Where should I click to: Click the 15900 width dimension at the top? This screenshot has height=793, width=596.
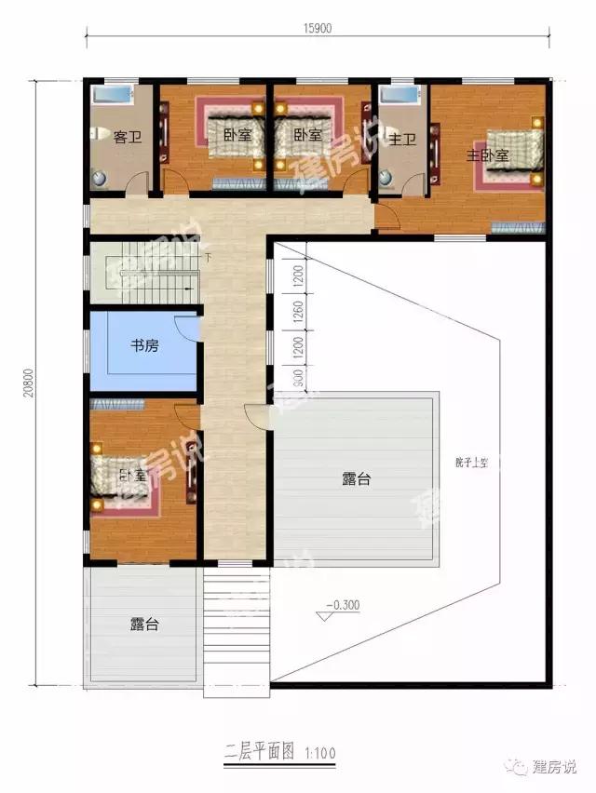coord(317,27)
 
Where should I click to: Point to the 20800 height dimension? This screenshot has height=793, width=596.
coord(31,381)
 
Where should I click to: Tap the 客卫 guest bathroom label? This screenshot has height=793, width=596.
coord(127,139)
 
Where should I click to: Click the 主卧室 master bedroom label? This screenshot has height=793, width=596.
coord(487,155)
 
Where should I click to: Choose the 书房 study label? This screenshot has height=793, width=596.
coord(143,347)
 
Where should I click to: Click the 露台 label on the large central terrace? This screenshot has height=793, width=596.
coord(357,479)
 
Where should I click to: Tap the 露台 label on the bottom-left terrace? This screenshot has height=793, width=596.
coord(143,625)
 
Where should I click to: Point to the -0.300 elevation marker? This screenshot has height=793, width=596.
coord(342,605)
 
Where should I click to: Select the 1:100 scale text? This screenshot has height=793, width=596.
coord(316,751)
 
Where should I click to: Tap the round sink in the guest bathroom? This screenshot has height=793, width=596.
coord(101,175)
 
